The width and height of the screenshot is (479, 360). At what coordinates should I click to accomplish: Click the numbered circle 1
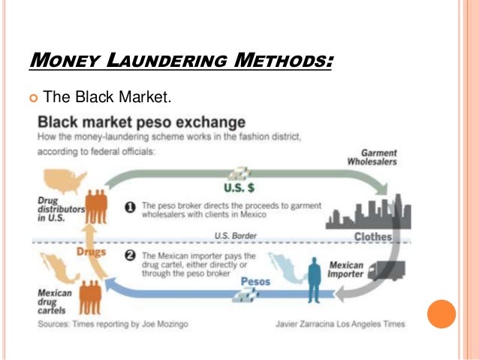129,207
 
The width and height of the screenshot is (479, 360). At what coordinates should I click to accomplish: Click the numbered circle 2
129,256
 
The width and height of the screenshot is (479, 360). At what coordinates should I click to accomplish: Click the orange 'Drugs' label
92,253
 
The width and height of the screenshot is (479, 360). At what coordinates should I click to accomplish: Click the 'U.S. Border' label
235,235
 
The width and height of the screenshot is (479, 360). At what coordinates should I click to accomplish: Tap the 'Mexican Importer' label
346,270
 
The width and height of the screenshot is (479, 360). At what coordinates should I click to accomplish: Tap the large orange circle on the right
441,313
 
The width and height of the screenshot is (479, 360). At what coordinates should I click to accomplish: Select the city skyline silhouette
367,210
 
